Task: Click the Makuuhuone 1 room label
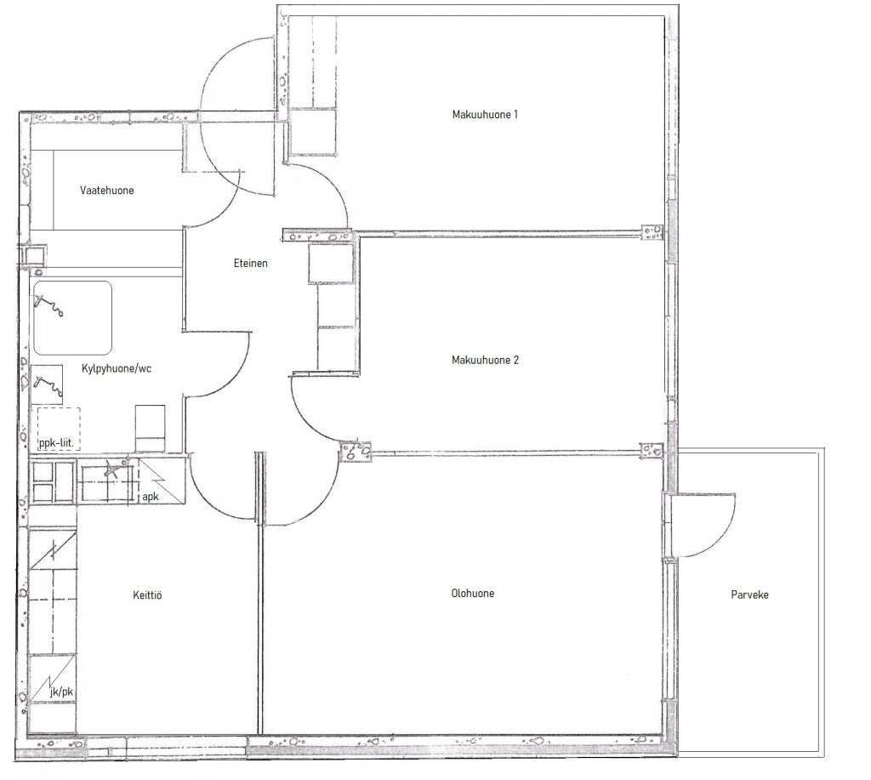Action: (485, 115)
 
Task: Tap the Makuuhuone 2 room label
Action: (485, 360)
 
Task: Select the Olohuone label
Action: (473, 594)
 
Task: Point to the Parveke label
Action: (749, 595)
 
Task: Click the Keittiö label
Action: (147, 595)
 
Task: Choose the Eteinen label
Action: (251, 264)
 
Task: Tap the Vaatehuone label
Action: (106, 191)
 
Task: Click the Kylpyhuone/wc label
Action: (116, 368)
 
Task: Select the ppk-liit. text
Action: (56, 443)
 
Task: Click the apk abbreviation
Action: (150, 497)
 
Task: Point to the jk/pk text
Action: (61, 692)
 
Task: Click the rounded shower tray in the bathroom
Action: (73, 318)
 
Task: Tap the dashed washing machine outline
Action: (59, 429)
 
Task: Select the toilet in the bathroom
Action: (150, 429)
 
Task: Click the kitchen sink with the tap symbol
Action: (108, 481)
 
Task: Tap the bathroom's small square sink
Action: (47, 384)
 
